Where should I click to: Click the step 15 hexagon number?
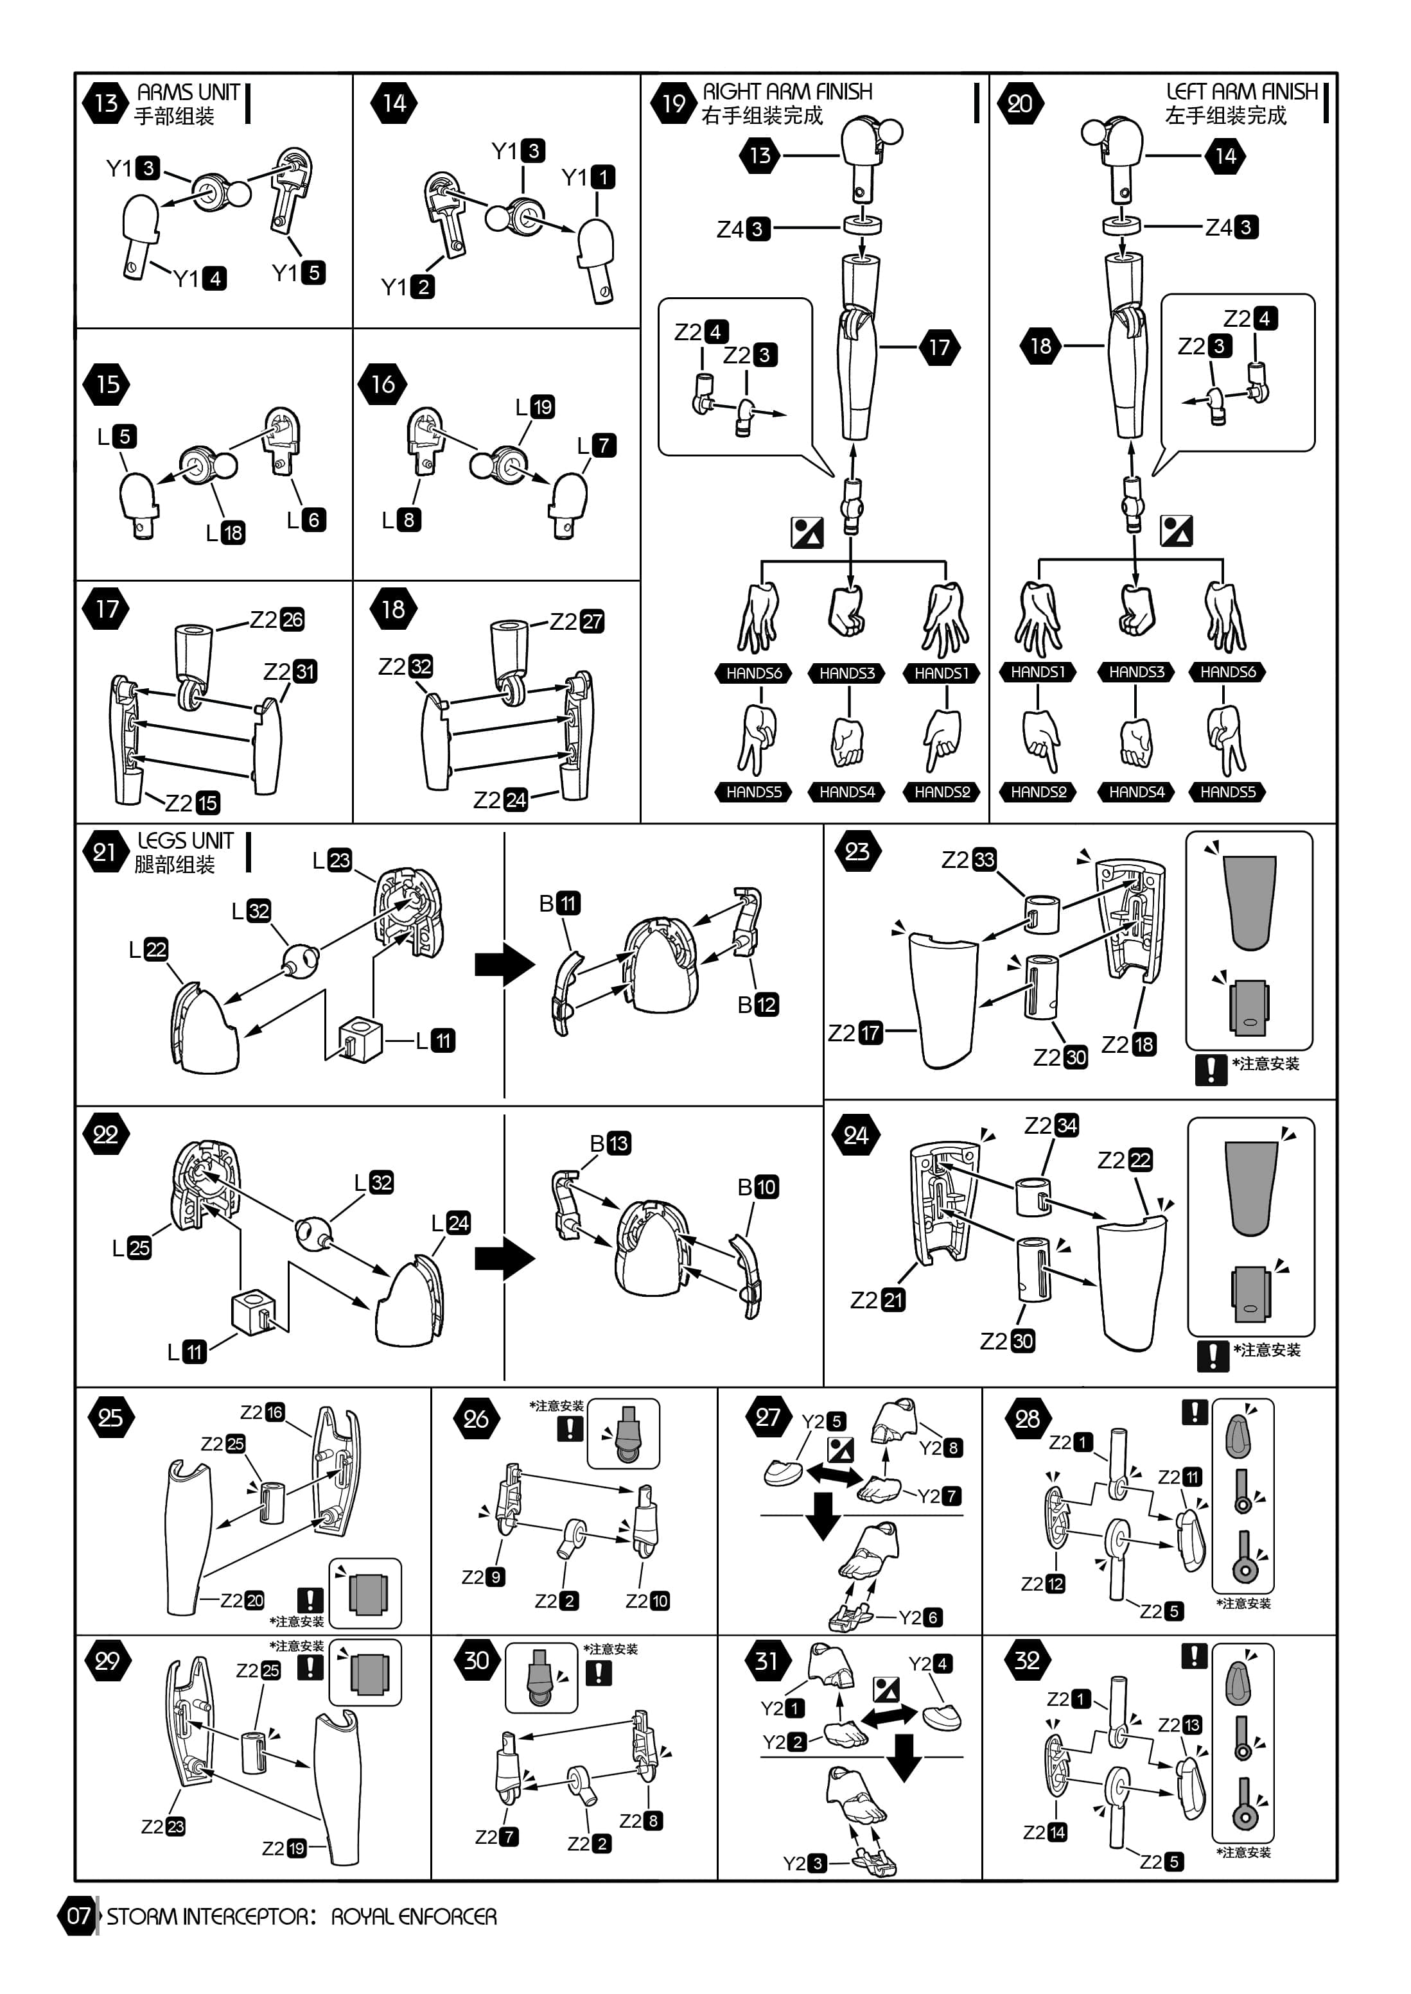107,385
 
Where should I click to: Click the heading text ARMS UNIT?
189,92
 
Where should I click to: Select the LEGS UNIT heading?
185,840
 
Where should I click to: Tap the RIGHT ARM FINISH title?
787,91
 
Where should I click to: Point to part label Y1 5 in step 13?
299,273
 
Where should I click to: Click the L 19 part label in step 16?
535,406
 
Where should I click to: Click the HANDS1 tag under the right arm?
941,672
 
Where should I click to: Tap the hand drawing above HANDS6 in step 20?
1225,616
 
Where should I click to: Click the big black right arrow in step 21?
505,964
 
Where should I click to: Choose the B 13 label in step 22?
611,1143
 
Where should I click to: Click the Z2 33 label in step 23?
968,859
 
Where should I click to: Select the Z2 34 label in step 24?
1051,1125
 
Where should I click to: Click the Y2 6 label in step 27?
920,1617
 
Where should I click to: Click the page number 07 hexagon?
79,1916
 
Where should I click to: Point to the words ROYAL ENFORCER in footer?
414,1916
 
